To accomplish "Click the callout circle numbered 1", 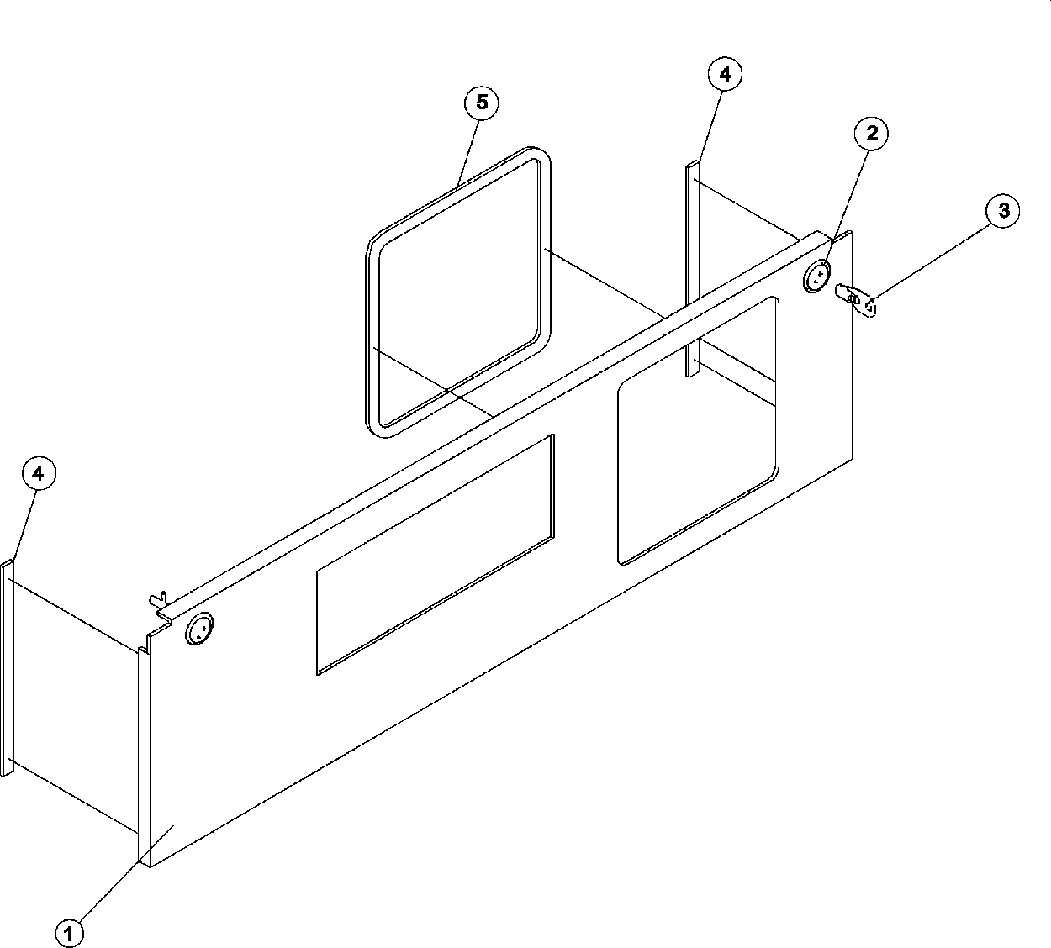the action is [x=70, y=931].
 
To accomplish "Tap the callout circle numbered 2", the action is [x=871, y=133].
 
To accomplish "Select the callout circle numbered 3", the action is [x=1003, y=210].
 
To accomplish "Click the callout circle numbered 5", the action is [x=481, y=103].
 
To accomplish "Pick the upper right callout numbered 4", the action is [x=725, y=74].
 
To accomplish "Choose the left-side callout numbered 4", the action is [x=38, y=473].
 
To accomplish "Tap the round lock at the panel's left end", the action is [x=199, y=629].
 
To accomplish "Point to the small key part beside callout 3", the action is [x=857, y=298].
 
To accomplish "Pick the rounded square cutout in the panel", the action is [x=698, y=430].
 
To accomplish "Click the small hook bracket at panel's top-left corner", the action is [x=157, y=599].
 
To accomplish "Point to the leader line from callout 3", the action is [x=933, y=255].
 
